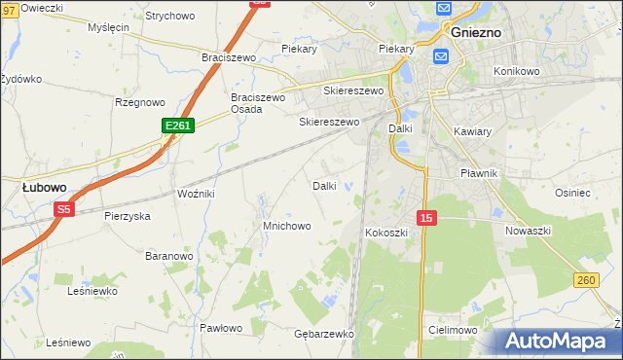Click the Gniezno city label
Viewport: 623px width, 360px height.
[x=476, y=32]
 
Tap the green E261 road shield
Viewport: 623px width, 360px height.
[x=178, y=126]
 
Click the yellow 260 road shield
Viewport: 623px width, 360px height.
[x=585, y=280]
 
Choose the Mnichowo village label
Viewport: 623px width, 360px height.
[x=286, y=226]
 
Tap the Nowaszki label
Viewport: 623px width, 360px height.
[x=529, y=231]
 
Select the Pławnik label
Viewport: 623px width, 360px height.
[x=479, y=173]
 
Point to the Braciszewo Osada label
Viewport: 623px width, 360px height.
[x=257, y=103]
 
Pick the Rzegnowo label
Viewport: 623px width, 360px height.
[x=140, y=101]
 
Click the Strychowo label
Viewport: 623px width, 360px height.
[x=169, y=17]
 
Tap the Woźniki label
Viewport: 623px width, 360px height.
[x=196, y=195]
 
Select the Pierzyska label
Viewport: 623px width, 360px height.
[x=127, y=216]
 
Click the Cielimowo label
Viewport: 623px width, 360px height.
[x=452, y=330]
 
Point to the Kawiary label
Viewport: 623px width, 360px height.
[x=472, y=130]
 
